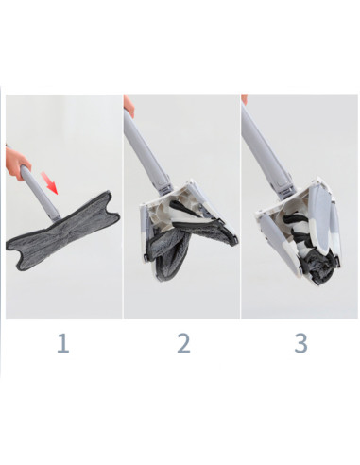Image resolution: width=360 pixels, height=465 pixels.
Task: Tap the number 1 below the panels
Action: point(62,341)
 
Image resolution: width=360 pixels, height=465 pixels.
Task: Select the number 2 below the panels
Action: point(182,341)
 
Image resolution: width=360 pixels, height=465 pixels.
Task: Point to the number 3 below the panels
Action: point(300,341)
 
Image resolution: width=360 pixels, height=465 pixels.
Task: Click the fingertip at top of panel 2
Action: point(129,98)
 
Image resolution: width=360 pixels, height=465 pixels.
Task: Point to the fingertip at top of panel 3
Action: point(244,98)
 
